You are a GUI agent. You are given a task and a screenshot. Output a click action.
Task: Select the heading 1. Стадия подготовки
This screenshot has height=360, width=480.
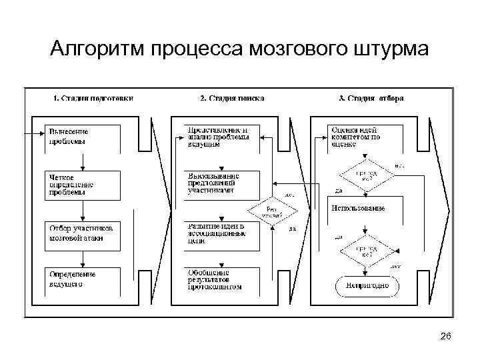click(93, 98)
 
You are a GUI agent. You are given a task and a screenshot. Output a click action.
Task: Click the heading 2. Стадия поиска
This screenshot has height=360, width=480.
click(232, 98)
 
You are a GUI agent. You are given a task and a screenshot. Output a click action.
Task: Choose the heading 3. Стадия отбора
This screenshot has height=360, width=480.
click(371, 98)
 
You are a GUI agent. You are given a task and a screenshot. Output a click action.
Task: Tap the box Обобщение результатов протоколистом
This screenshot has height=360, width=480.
click(223, 279)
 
